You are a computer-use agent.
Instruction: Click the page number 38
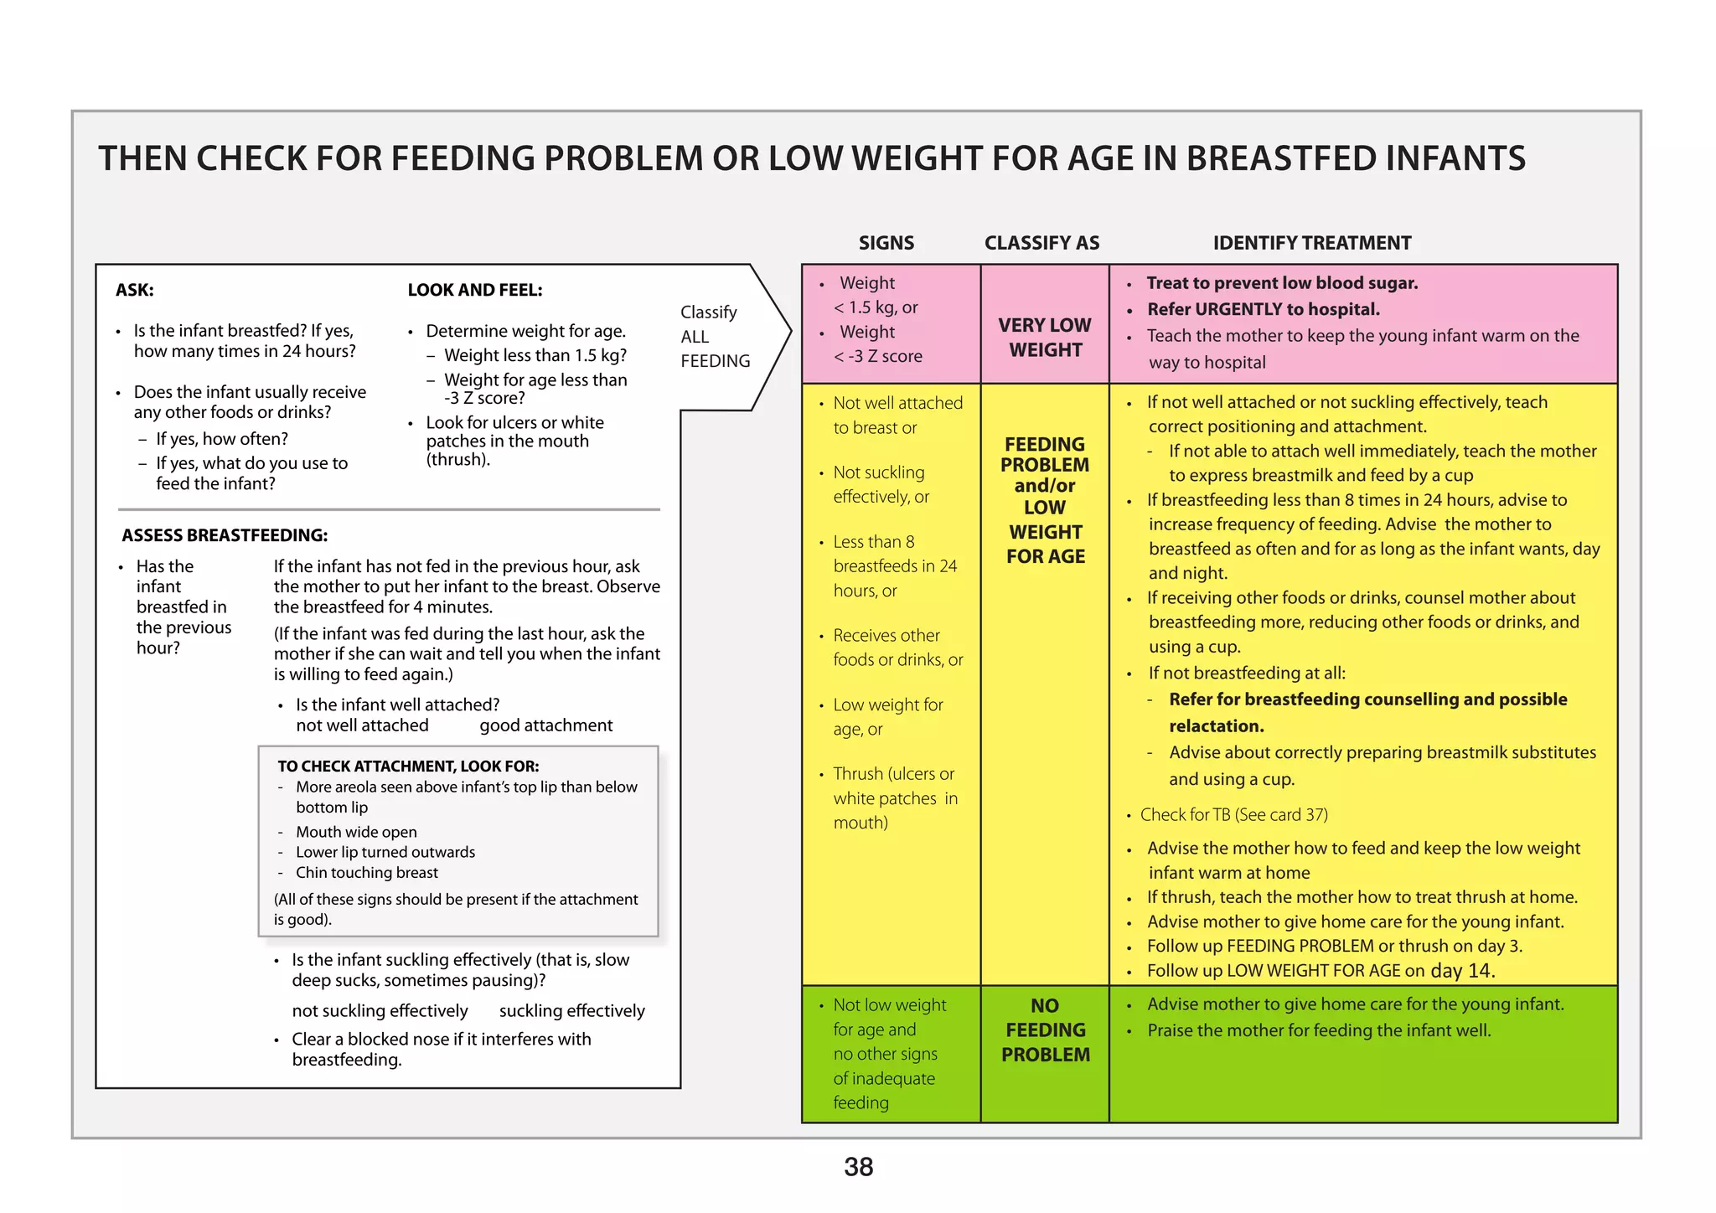point(858,1167)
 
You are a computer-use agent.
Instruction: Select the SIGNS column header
point(886,243)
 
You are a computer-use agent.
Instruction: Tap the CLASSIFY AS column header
point(1041,243)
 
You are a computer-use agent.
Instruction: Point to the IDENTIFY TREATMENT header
point(1311,243)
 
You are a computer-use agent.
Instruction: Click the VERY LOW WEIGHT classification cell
point(1045,338)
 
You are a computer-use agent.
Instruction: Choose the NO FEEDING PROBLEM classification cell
point(1045,1030)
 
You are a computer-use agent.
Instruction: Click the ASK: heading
point(135,291)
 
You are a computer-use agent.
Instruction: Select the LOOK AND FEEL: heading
point(474,291)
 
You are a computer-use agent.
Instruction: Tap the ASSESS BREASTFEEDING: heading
point(225,535)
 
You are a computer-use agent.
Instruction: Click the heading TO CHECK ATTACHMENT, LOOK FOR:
point(408,766)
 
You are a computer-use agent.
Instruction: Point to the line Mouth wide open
point(356,832)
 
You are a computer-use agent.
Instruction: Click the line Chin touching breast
point(366,873)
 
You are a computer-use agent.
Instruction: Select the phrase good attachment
point(545,725)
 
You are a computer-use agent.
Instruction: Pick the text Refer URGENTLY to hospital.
point(1263,309)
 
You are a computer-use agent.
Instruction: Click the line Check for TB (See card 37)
point(1233,814)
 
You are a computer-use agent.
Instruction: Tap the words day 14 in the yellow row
point(1460,970)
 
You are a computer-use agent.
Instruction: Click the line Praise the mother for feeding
point(1319,1030)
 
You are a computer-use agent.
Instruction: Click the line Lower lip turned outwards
point(385,852)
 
